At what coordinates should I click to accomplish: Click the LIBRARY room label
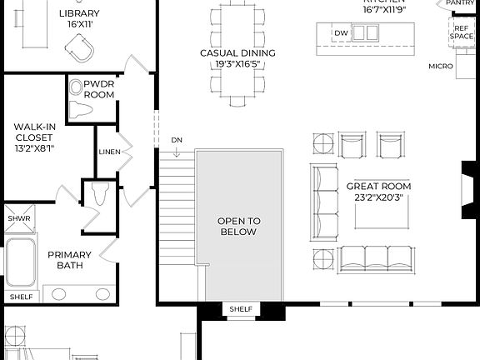[80, 13]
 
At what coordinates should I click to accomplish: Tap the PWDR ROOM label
[99, 89]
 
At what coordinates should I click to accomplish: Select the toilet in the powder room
[78, 98]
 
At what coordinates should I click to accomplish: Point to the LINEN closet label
[109, 152]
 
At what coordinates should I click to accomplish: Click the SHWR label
[18, 218]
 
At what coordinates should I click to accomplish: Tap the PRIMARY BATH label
[68, 260]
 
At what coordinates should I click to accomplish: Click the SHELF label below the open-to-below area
[240, 310]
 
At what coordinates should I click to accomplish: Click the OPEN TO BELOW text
[239, 226]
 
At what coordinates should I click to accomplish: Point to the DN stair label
[177, 139]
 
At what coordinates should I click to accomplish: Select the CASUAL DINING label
[237, 52]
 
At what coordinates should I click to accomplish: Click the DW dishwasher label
[340, 33]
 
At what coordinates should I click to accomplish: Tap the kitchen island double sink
[366, 32]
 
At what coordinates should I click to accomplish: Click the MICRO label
[441, 66]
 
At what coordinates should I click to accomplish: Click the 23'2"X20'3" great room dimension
[379, 199]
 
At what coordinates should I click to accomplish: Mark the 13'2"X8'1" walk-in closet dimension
[33, 151]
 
